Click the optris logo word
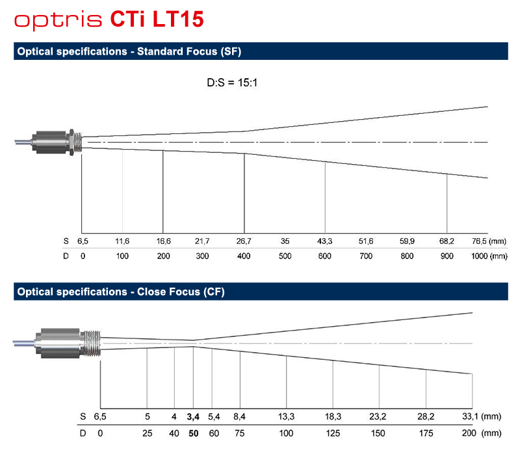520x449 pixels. (58, 21)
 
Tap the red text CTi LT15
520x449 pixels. (157, 19)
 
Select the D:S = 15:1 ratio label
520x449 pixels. (232, 83)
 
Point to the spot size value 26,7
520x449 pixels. (244, 241)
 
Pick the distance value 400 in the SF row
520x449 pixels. (244, 256)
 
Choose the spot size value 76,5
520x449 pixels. (479, 241)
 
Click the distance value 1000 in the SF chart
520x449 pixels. (480, 256)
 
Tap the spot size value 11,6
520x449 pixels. (122, 241)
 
